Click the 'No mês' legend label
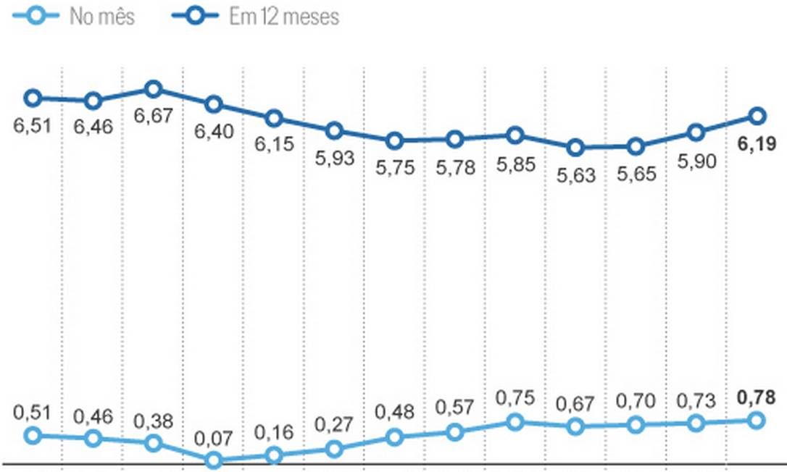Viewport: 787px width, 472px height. [x=101, y=17]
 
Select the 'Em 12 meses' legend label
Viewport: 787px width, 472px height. [x=284, y=17]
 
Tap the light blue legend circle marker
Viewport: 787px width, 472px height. [x=32, y=16]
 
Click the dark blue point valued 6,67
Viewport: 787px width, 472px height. [x=153, y=90]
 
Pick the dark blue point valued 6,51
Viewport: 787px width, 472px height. [x=32, y=98]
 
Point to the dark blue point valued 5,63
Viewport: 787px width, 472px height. [x=575, y=148]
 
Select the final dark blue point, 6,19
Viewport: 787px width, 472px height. [x=757, y=115]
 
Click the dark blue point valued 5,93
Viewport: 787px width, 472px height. [x=334, y=131]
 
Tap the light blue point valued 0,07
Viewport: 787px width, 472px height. [x=213, y=460]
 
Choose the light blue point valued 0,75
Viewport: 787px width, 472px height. [x=515, y=421]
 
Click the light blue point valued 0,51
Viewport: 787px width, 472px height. [x=32, y=435]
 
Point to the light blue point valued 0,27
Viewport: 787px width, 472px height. [x=334, y=450]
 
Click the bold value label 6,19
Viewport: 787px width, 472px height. [x=757, y=145]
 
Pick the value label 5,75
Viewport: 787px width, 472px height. [x=394, y=168]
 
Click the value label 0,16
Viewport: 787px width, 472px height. [x=274, y=432]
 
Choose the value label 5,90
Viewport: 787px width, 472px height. [x=696, y=161]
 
